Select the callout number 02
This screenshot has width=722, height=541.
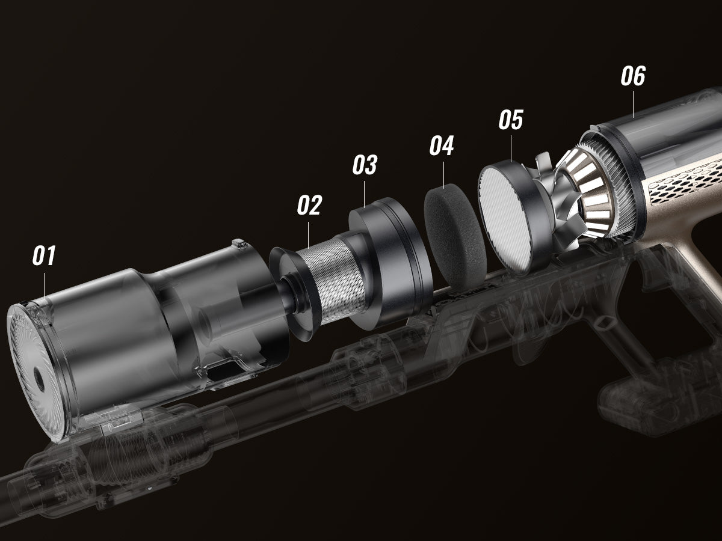(309, 205)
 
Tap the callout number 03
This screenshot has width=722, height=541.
(365, 165)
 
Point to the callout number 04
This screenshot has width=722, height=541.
(442, 145)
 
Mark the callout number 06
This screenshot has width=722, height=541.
(633, 76)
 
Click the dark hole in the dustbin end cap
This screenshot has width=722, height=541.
(39, 379)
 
